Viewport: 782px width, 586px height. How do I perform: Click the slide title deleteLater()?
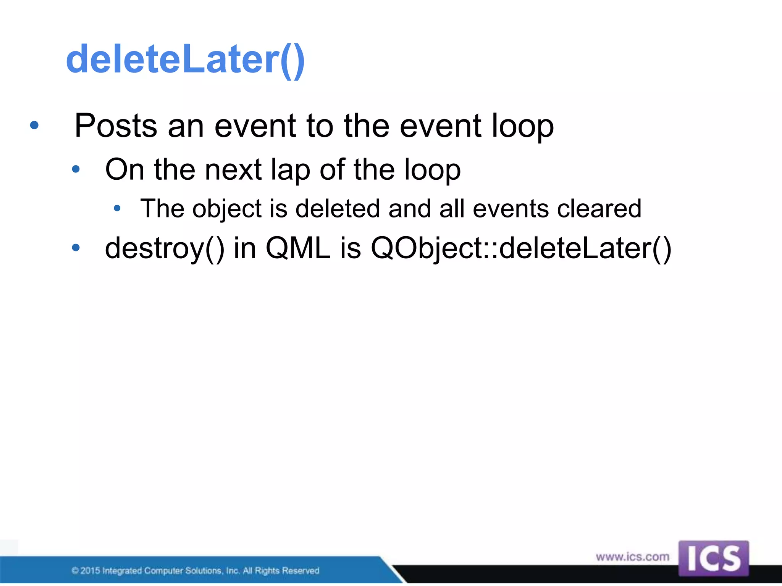click(185, 60)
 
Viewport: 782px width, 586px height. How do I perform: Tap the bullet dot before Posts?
click(34, 125)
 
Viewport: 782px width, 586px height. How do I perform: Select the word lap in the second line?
click(290, 170)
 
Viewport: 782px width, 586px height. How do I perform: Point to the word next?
click(233, 169)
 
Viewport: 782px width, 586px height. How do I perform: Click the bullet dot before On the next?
click(76, 169)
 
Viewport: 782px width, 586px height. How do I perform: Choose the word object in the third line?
click(227, 209)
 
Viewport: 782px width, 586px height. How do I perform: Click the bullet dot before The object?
click(117, 208)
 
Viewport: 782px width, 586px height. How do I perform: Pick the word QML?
click(298, 248)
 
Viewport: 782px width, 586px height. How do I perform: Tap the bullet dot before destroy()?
click(76, 248)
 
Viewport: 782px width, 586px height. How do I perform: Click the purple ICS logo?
click(713, 559)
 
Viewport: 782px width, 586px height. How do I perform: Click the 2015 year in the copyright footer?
click(90, 571)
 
